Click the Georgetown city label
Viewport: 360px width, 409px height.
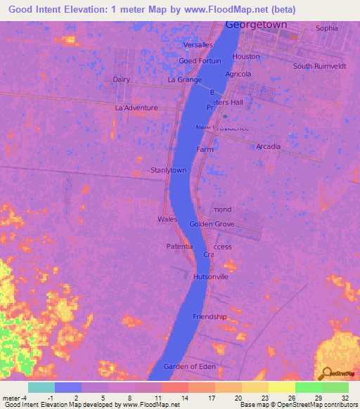coord(257,25)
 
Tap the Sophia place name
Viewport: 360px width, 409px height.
coord(326,28)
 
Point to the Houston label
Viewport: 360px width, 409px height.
coord(246,56)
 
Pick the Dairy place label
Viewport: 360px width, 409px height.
coord(122,79)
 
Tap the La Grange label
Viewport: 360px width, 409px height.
coord(184,80)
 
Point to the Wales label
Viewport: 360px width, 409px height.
coord(167,219)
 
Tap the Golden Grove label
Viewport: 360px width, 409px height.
coord(212,224)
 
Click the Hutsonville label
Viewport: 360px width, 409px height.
coord(211,277)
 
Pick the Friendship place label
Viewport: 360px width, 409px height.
coord(210,316)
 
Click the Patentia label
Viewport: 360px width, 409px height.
coord(179,247)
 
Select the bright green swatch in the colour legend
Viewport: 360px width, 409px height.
coord(308,387)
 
